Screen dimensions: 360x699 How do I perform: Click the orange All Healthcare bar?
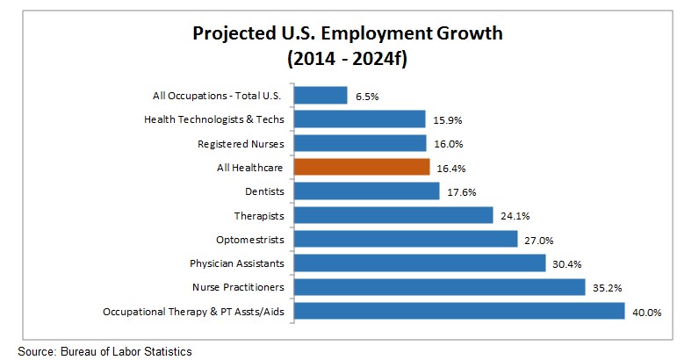(361, 167)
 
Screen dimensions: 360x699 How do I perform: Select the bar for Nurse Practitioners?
(439, 287)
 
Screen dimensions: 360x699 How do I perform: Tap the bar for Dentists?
(366, 191)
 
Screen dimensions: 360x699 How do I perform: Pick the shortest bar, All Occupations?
(321, 95)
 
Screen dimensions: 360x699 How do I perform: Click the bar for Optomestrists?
(405, 239)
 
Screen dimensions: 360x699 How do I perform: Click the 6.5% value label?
(366, 96)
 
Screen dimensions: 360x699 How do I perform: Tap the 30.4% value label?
(565, 263)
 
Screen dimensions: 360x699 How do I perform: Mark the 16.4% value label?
(448, 168)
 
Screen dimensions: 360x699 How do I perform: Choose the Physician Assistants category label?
(237, 263)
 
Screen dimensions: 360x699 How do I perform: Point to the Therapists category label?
(260, 215)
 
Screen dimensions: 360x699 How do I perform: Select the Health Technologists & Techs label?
(213, 119)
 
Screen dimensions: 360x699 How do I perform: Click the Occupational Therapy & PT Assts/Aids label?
(194, 311)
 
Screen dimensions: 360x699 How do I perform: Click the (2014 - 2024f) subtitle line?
(349, 60)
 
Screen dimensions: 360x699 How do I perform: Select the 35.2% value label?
(605, 288)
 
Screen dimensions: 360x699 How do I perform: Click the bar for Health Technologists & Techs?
(359, 119)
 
